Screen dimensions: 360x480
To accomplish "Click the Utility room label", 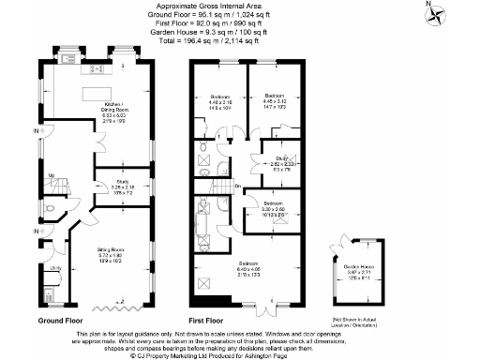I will coord(55,268).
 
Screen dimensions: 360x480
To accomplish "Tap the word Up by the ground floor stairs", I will coord(51,175).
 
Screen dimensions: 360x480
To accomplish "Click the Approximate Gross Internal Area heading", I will coord(239,6).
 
